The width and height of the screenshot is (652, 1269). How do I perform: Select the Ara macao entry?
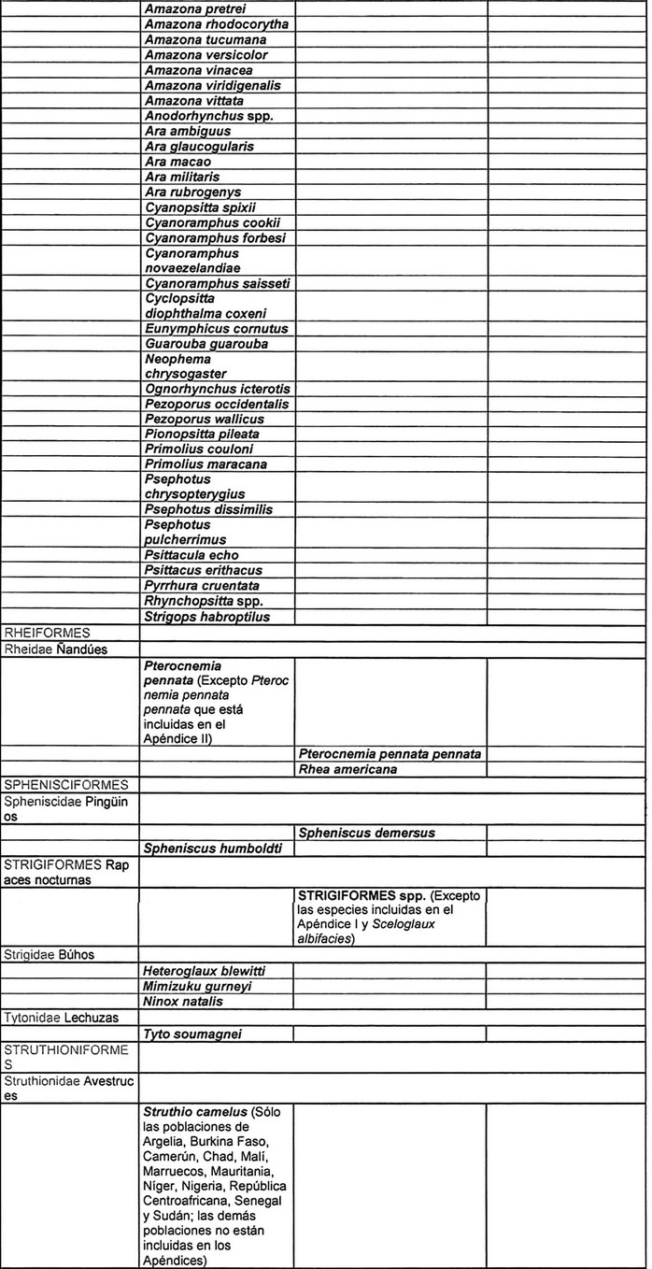click(x=178, y=162)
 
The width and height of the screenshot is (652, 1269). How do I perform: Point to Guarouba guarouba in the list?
click(x=206, y=344)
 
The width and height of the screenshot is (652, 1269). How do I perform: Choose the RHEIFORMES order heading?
click(x=47, y=634)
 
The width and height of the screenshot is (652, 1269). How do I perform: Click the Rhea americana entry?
click(x=347, y=769)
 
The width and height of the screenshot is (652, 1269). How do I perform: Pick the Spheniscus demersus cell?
click(x=366, y=833)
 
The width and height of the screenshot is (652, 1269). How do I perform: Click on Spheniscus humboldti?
click(x=213, y=848)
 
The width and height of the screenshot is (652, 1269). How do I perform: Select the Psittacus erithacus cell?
click(x=203, y=570)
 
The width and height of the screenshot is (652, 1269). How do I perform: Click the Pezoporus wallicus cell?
click(x=205, y=420)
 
